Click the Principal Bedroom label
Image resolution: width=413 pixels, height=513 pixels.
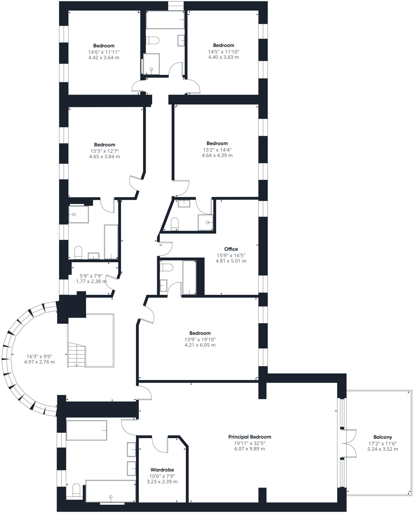coord(250,437)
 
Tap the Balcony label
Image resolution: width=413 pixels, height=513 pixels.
coord(383,437)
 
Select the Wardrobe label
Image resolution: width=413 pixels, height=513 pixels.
coord(162,470)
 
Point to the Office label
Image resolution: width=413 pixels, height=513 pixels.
coord(231,249)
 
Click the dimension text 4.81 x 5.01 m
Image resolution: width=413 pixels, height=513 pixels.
coord(231,261)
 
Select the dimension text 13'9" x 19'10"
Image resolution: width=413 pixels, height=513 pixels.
coord(200,339)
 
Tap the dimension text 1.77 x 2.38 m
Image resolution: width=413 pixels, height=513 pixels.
coord(91,281)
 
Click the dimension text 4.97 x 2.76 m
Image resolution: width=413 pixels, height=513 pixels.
coord(39,362)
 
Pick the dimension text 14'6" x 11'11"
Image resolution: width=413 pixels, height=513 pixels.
coord(104,52)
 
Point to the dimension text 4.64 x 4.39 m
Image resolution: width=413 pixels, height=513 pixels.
coord(217,155)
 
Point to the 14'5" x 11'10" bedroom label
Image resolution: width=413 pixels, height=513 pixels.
coord(224,45)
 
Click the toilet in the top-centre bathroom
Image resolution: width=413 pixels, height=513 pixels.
coord(152,40)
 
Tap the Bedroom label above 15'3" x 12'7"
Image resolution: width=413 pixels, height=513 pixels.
coord(105,145)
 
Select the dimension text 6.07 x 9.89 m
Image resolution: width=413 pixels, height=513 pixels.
coord(250,449)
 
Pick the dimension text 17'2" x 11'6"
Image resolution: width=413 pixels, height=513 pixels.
coord(383,443)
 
